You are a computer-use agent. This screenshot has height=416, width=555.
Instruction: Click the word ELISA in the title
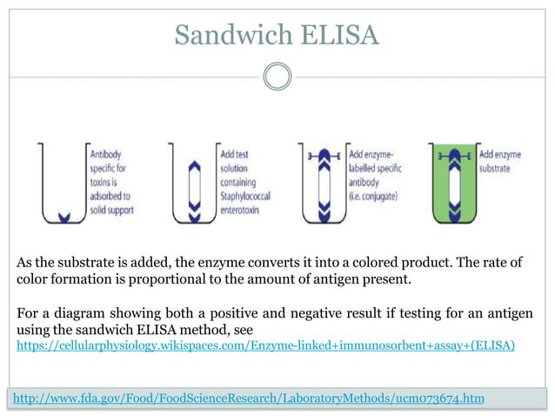[339, 35]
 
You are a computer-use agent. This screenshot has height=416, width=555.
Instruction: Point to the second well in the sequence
[191, 184]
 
